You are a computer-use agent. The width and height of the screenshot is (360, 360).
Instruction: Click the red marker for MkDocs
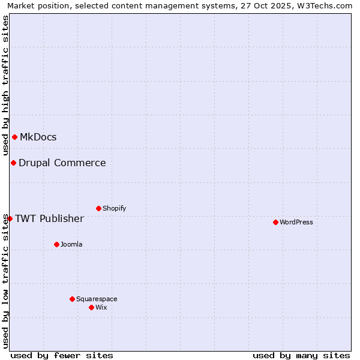14,137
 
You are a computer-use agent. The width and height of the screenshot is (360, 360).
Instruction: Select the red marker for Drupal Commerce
13,163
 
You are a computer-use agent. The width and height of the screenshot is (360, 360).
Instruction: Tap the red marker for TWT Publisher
10,218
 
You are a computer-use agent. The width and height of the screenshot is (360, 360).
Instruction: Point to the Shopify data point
98,208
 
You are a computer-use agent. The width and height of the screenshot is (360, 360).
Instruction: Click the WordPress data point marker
275,222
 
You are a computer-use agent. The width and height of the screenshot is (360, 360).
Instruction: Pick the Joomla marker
56,244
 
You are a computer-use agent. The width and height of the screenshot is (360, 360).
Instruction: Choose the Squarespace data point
72,299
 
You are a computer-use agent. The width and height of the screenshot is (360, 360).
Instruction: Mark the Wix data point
91,307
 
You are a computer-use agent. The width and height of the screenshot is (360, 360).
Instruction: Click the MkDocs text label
38,137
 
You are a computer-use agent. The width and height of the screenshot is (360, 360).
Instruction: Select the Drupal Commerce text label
62,163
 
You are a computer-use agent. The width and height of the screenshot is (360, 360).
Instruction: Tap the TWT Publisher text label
49,218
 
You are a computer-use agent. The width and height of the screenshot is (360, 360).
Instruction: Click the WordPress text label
296,222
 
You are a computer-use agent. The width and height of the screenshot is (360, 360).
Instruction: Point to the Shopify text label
115,208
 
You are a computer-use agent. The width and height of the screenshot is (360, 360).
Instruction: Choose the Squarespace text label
97,299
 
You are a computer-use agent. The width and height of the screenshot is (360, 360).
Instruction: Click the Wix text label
101,307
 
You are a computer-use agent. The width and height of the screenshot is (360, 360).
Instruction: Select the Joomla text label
71,244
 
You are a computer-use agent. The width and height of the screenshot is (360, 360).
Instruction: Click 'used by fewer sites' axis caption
62,355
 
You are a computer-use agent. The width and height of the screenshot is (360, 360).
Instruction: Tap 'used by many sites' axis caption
301,355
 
